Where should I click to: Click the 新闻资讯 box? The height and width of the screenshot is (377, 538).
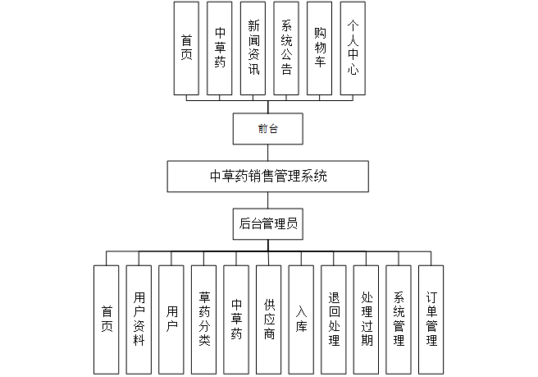point(253,48)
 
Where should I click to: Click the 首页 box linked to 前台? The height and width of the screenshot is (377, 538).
point(187,48)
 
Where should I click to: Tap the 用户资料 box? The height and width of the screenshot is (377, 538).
point(139,319)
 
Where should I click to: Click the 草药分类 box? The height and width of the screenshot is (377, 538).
point(203,319)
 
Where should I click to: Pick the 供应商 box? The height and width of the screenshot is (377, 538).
point(269,319)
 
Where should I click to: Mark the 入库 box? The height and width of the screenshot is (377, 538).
point(301,319)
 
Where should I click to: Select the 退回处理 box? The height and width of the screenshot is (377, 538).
point(334,319)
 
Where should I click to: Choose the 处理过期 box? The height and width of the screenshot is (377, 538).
point(366,319)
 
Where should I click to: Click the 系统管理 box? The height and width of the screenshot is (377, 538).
point(399,319)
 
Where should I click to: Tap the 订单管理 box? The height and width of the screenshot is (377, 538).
point(431,319)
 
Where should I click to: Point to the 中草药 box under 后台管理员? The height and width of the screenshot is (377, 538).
point(236,319)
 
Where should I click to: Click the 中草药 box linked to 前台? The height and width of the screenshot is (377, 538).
point(220,48)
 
